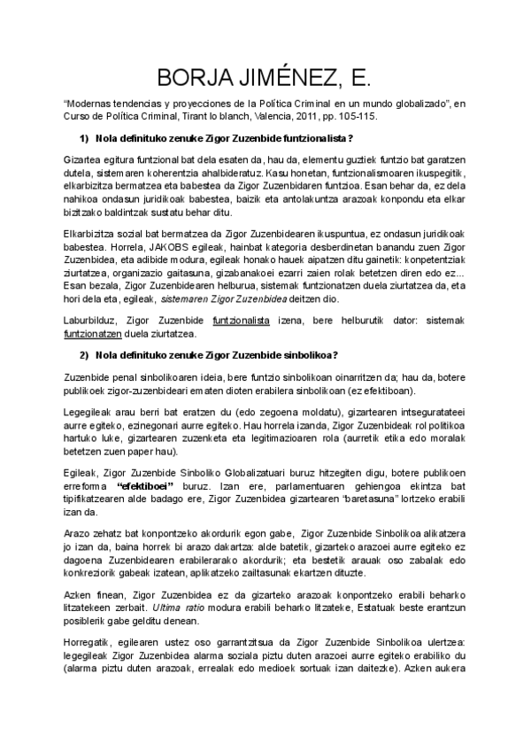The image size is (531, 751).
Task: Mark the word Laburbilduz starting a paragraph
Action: click(x=92, y=319)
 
